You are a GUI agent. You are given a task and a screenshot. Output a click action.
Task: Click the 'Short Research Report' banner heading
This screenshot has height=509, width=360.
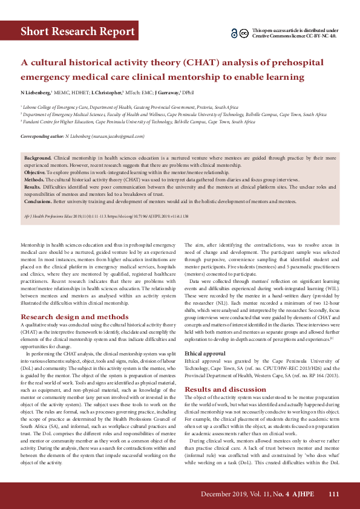point(77,31)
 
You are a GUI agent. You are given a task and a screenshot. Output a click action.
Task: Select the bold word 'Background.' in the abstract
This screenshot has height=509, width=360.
point(38,157)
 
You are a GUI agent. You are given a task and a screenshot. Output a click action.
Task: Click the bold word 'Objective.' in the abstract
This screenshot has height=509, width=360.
point(36,172)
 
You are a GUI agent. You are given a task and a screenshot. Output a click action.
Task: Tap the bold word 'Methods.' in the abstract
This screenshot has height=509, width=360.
point(34,180)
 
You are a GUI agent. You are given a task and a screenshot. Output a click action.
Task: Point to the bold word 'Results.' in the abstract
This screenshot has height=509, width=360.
point(33,187)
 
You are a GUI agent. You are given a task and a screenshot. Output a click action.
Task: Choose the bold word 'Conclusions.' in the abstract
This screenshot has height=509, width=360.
point(38,201)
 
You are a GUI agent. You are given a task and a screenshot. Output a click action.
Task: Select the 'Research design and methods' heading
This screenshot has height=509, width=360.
point(74,316)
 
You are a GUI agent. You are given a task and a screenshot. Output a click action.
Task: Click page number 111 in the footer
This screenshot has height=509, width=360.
point(333,494)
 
